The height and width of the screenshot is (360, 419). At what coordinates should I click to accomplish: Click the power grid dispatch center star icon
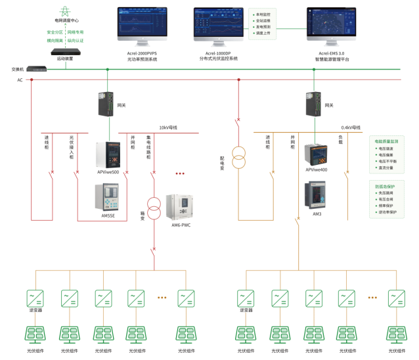(x=65, y=11)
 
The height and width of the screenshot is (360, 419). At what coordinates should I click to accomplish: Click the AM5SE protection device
(x=108, y=196)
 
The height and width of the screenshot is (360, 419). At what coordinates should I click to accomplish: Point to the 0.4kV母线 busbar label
(x=351, y=127)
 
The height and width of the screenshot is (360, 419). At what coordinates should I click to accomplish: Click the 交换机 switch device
(x=37, y=69)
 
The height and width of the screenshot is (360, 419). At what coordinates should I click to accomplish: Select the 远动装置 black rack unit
(x=65, y=51)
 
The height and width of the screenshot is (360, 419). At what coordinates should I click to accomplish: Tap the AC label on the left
(x=20, y=80)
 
